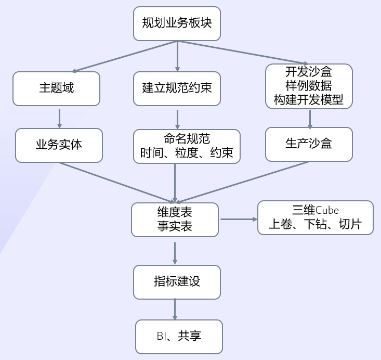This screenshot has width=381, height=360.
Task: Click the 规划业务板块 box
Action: [x=177, y=23]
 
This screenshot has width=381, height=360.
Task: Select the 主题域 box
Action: [x=56, y=88]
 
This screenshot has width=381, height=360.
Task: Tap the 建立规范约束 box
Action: [x=177, y=88]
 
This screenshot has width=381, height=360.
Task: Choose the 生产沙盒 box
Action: [x=309, y=144]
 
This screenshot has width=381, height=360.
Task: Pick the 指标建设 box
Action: [x=177, y=281]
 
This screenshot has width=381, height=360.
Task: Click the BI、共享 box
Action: [x=179, y=337]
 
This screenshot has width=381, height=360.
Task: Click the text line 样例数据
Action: [x=309, y=85]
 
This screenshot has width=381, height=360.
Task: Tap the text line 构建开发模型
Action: [x=309, y=100]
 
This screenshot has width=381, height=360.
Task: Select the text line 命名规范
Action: [x=187, y=139]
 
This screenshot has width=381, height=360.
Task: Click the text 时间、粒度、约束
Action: [x=187, y=154]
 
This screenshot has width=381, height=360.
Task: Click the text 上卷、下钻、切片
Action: [x=315, y=225]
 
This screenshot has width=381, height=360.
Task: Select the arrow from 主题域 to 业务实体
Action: [x=60, y=118]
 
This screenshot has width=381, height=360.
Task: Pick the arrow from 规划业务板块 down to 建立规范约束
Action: [x=178, y=56]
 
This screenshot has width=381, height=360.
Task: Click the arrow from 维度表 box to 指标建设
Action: [x=175, y=252]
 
